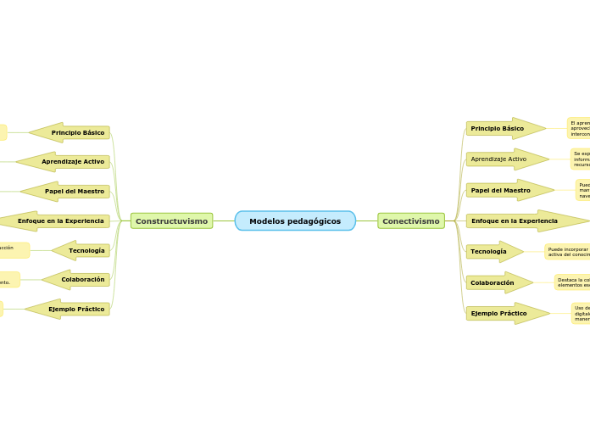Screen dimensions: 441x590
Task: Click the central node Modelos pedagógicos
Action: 295,221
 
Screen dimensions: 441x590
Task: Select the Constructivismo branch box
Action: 171,221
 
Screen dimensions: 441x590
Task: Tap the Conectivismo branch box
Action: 411,221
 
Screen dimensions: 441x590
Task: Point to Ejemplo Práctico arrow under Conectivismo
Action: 505,314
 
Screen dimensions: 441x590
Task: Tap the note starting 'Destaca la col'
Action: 573,282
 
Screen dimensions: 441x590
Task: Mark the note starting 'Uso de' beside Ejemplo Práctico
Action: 582,314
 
